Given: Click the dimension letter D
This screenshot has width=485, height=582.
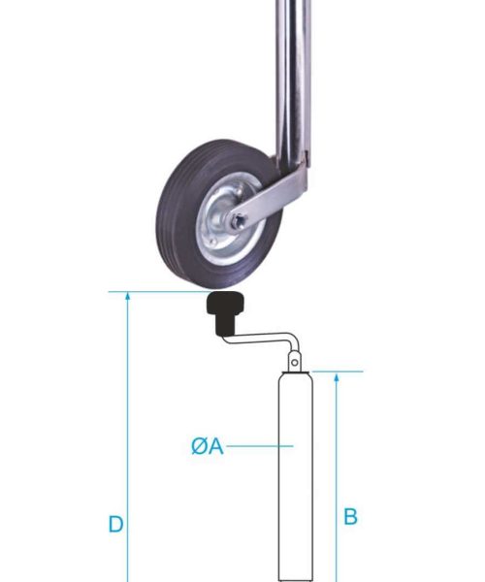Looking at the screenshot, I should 115,525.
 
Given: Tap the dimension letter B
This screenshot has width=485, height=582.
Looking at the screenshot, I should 350,517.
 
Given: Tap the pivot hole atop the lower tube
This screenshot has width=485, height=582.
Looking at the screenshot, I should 294,364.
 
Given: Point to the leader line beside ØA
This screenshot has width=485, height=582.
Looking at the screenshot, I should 257,446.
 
